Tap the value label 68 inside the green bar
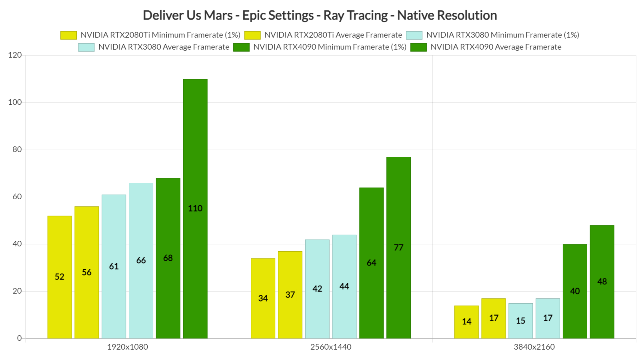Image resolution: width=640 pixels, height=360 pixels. (168, 258)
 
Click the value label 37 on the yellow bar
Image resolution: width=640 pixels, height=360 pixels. (290, 295)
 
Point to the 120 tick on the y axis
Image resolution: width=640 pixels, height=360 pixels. (15, 55)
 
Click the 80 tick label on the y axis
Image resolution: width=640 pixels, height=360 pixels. (17, 149)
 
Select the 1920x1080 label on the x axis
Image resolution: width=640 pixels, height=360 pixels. (127, 347)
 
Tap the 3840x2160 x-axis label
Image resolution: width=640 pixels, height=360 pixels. (534, 347)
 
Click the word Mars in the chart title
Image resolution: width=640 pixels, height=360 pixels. (218, 15)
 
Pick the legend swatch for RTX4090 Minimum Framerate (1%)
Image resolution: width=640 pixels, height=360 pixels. (241, 47)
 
